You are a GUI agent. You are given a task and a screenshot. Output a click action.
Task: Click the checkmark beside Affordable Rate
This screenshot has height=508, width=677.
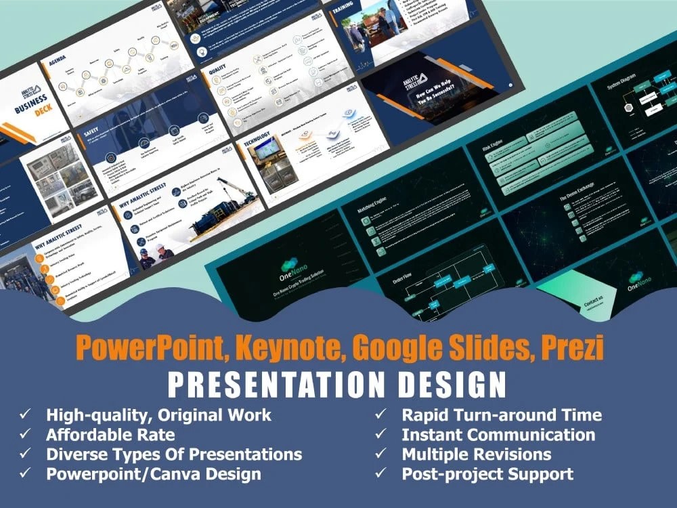[25, 434]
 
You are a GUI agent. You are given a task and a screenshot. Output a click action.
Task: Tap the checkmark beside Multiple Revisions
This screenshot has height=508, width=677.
[381, 454]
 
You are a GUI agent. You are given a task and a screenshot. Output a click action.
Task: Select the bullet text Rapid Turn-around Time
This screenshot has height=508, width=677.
[502, 415]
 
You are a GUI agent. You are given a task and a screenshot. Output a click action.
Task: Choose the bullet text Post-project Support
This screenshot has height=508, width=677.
[487, 473]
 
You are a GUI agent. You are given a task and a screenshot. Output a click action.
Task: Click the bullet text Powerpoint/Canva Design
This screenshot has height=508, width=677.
[154, 473]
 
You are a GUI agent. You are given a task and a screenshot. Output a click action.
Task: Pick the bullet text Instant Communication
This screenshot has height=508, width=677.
[498, 434]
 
